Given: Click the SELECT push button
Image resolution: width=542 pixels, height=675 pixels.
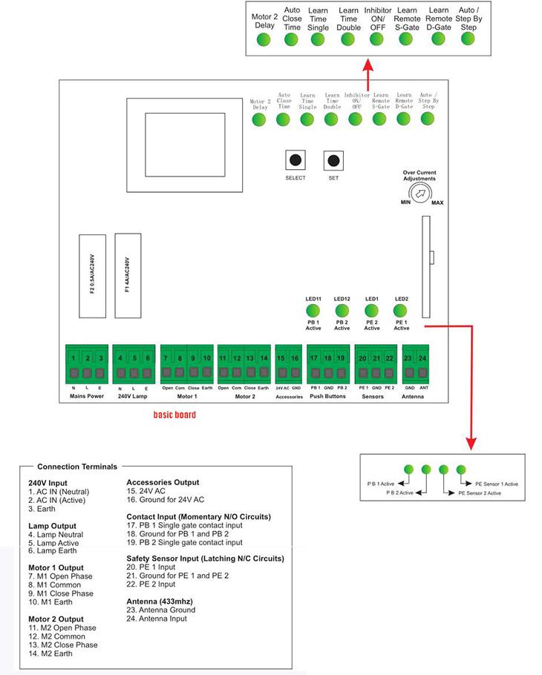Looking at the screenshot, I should pos(295,160).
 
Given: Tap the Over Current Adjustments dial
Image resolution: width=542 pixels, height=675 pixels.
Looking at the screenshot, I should pos(420,194).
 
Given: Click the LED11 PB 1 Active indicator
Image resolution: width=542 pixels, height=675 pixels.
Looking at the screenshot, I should pos(313,310).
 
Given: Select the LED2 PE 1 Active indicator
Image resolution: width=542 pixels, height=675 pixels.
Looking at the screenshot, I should pos(401,310).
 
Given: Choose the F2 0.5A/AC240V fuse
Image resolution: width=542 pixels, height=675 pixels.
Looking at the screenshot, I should pos(93,274).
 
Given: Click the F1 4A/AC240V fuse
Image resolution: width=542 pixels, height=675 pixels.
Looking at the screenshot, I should pos(128,274).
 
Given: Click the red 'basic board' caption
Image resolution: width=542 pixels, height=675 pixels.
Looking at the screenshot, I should pos(174,415).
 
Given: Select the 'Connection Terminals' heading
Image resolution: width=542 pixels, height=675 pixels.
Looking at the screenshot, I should pos(77,467).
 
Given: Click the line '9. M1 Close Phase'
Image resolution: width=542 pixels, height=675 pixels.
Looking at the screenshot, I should pos(61,593).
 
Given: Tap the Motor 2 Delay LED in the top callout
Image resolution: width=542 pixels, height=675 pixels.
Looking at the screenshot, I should pos(264,39).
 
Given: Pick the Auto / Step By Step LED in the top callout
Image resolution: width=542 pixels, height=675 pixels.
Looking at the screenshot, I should pos(467,39).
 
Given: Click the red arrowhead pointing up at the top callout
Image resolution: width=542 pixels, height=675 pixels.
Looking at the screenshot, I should pos(367,65).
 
